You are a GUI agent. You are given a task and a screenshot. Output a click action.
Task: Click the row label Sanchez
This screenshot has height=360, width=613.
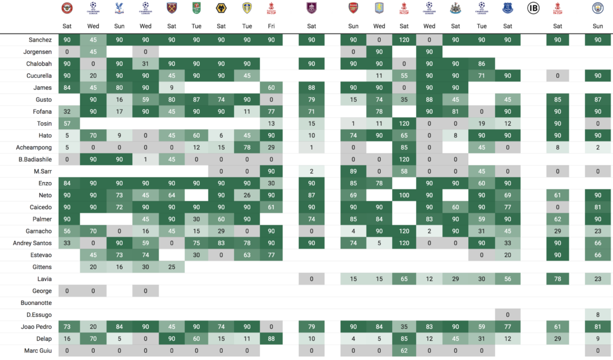point(40,40)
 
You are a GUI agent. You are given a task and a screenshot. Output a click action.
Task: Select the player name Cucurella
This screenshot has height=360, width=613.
point(38,75)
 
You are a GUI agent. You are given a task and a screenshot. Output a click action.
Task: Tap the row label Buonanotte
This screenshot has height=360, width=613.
point(36,303)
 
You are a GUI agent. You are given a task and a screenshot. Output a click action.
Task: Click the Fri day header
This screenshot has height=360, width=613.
point(272,26)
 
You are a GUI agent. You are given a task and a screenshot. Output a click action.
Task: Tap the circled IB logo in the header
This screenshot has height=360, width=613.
point(533,8)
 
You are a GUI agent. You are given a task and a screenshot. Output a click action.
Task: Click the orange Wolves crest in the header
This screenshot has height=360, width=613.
point(221,8)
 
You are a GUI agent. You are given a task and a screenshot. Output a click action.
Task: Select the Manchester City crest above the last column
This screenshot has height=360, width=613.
point(597,8)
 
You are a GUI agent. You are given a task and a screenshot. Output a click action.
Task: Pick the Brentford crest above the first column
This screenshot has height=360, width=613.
point(67,8)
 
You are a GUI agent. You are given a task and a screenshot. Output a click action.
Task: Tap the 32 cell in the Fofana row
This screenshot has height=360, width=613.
point(67,111)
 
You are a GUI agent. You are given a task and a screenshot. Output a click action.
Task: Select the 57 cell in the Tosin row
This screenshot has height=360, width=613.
point(67,123)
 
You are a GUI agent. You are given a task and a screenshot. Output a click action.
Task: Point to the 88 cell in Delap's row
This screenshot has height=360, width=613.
point(272,339)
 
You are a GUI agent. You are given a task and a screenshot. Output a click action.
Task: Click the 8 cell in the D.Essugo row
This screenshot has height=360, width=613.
point(597,315)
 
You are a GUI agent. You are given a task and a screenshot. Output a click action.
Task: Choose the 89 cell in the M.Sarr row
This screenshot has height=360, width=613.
point(353,171)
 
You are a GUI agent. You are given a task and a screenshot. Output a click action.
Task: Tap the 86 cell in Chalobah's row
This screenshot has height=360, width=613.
point(481,63)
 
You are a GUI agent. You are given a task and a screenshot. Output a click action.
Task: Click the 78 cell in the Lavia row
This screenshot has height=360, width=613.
point(558,279)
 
